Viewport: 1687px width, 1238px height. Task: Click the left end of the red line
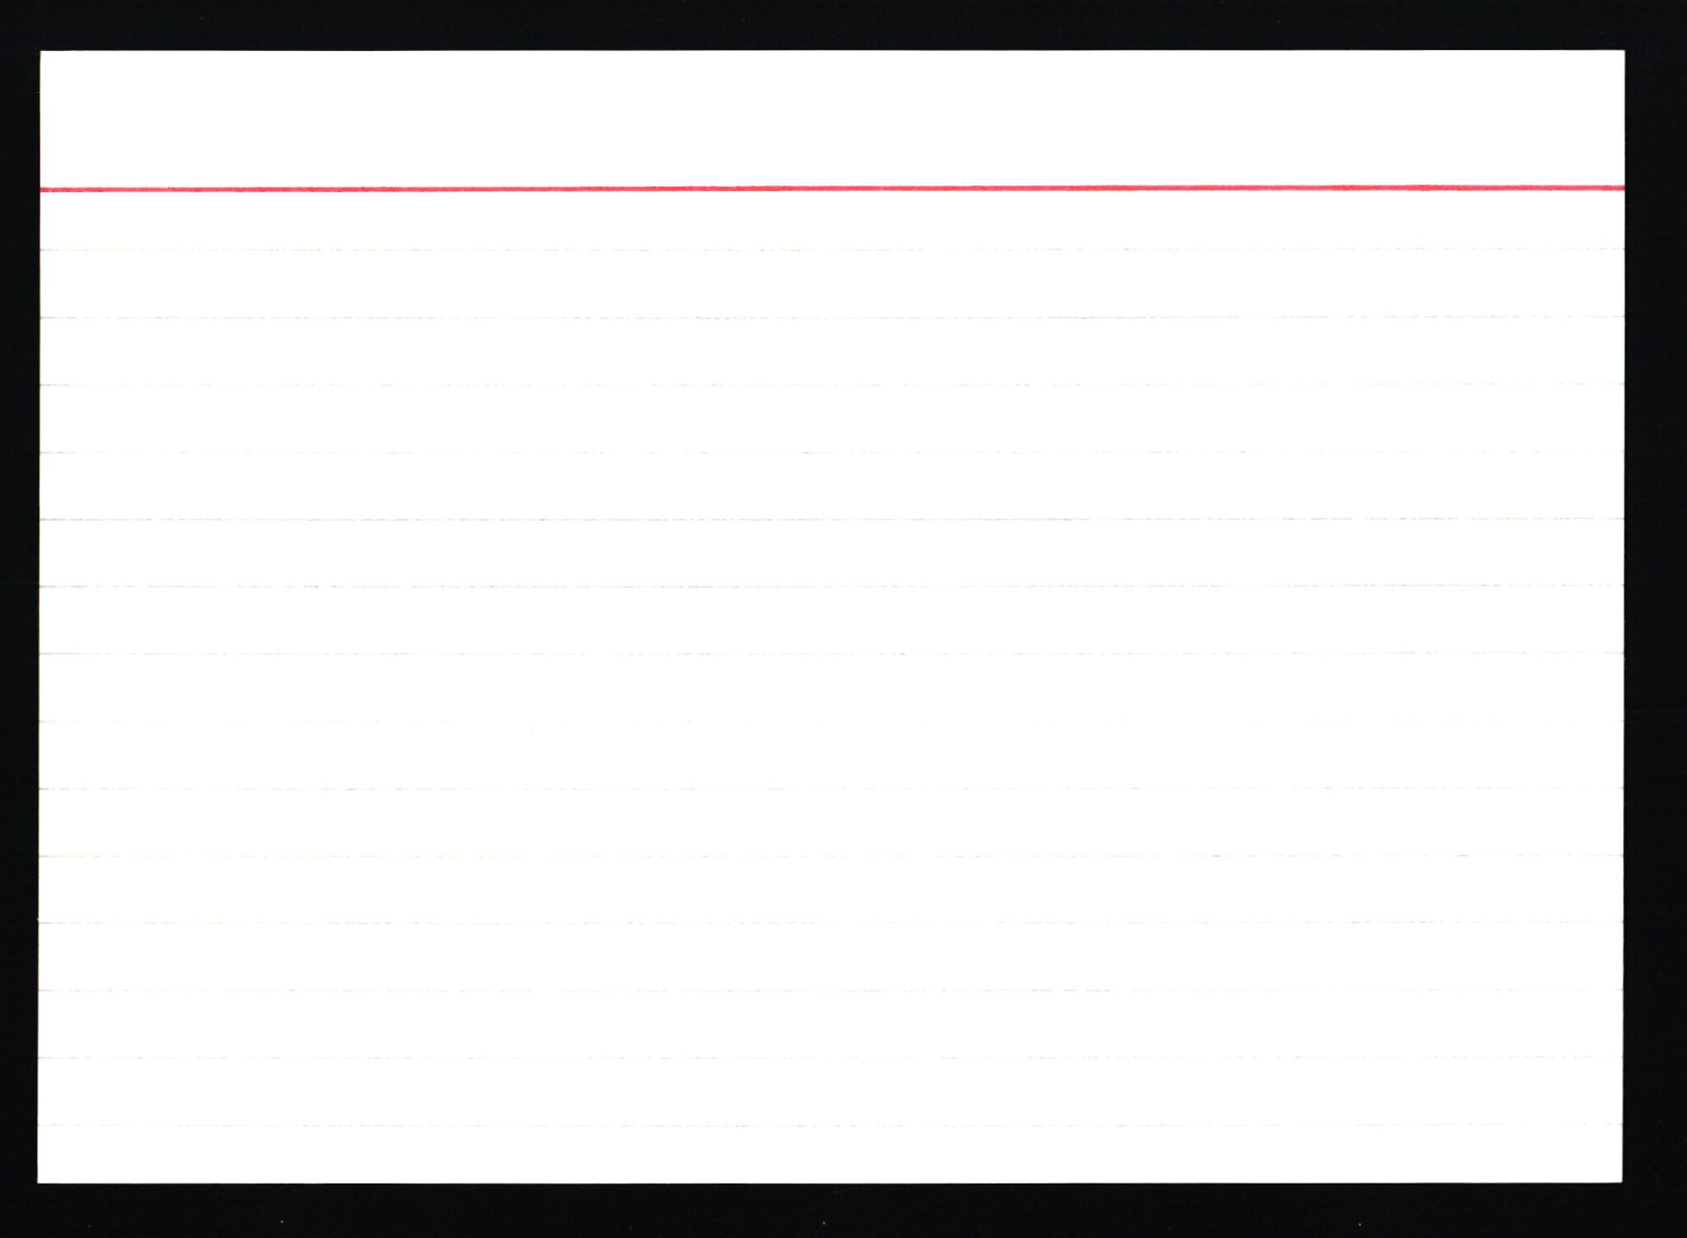(43, 189)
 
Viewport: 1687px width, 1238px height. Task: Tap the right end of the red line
(1622, 188)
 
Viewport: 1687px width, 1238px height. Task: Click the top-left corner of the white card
(41, 52)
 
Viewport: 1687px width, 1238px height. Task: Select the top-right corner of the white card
(1624, 51)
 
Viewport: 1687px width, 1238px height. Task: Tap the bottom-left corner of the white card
(39, 1182)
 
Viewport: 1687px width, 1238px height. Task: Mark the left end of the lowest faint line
(41, 1126)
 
